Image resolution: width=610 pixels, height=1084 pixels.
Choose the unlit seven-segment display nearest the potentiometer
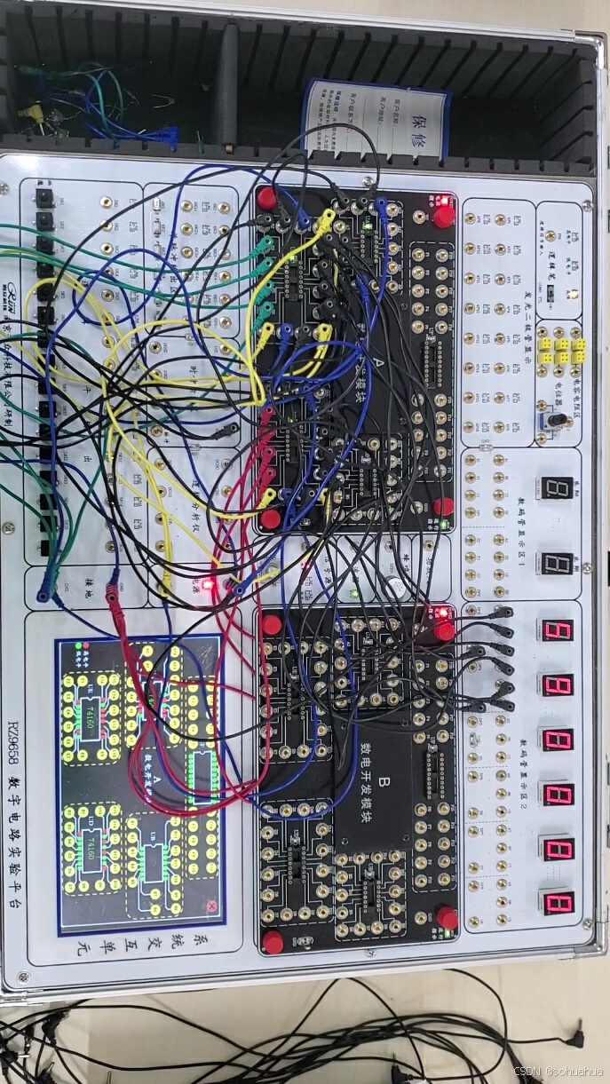(x=557, y=487)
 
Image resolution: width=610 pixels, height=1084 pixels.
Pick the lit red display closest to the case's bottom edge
(x=558, y=904)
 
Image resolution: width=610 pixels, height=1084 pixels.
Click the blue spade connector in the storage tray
(x=165, y=135)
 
